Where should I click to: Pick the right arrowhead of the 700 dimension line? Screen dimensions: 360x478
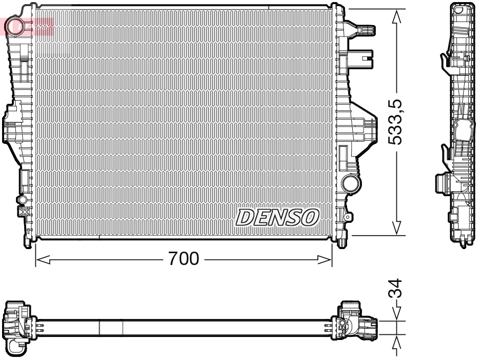pyautogui.click(x=326, y=260)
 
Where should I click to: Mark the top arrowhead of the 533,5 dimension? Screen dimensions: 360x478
pyautogui.click(x=396, y=16)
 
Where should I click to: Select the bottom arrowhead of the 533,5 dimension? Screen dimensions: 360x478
pyautogui.click(x=396, y=228)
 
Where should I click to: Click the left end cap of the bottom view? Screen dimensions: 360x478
pyautogui.click(x=16, y=326)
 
